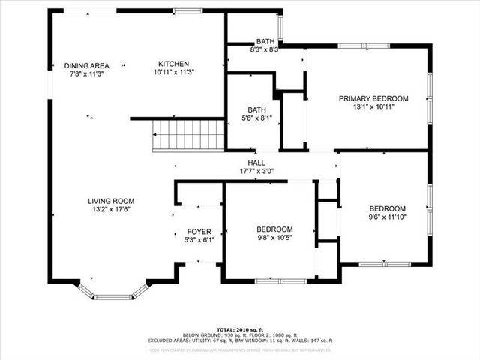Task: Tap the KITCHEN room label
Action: coord(172,64)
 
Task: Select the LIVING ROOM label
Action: coord(111,200)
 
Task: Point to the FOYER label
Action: coord(199,232)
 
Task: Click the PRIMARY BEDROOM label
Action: coord(373,98)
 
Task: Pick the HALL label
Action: coord(256,163)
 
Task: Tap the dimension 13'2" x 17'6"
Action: coord(111,209)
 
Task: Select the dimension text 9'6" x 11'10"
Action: coord(387,217)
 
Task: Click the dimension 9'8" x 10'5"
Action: coord(275,238)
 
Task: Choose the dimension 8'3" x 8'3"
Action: coord(265,50)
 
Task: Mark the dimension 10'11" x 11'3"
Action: coord(172,73)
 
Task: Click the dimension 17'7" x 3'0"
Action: coord(256,171)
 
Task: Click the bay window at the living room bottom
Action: coord(112,295)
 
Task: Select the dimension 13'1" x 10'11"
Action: coord(373,107)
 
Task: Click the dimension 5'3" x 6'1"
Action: coord(199,241)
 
